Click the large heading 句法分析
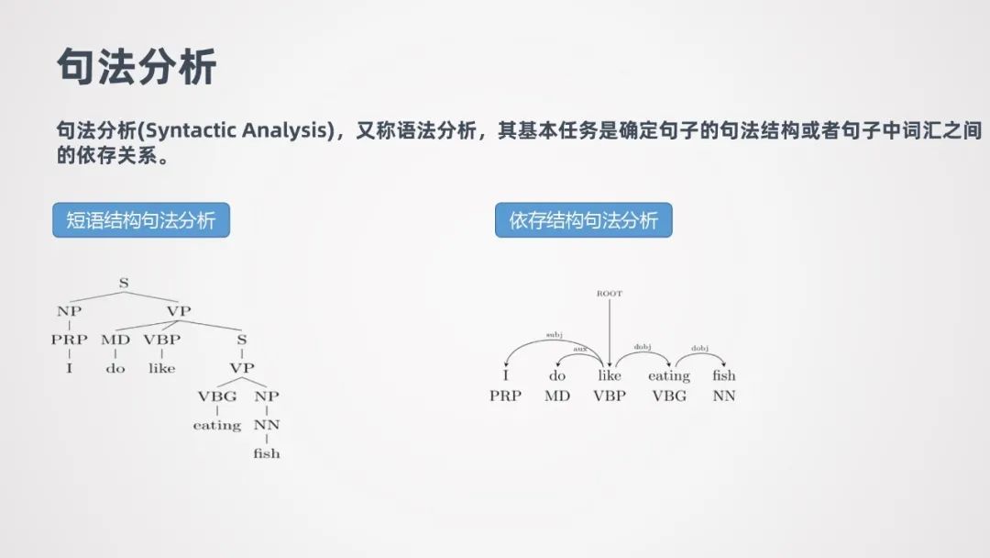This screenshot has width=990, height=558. (x=137, y=66)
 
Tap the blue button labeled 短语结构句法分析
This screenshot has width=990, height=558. (x=140, y=220)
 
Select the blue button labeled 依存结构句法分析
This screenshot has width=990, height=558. (x=583, y=220)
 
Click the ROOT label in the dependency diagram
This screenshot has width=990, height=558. (x=609, y=294)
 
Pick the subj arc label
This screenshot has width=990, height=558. (x=554, y=335)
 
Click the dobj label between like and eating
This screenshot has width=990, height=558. (x=642, y=347)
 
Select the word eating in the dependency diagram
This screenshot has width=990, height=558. (x=669, y=375)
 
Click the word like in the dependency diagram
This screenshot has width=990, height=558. (x=609, y=375)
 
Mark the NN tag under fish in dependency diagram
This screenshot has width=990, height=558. (x=724, y=396)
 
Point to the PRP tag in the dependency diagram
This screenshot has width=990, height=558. (x=505, y=396)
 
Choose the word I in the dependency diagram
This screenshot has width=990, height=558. (x=505, y=375)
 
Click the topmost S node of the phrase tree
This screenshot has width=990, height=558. (x=124, y=283)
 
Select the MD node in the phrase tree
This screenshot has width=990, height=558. (x=115, y=340)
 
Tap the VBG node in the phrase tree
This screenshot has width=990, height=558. (x=216, y=396)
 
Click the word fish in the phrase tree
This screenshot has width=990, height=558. (x=267, y=453)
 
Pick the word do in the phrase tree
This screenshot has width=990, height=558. (x=115, y=368)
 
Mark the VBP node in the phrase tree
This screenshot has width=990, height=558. (x=161, y=340)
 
